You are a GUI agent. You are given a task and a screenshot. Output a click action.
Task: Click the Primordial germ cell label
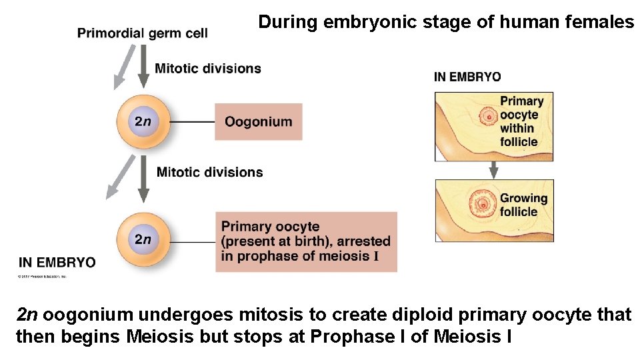point(142,33)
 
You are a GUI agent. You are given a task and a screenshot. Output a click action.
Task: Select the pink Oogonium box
point(258,121)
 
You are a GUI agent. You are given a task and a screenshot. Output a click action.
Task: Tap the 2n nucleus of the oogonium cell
point(143,121)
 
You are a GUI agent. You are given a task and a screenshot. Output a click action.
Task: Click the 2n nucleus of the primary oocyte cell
point(143,239)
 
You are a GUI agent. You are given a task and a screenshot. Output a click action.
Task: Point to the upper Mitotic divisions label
point(208,68)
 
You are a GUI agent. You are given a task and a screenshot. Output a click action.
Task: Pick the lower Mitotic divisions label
point(209,172)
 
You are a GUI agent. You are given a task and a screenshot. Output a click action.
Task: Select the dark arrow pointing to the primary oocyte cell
point(143,180)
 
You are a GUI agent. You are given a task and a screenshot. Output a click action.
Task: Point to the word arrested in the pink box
point(365,241)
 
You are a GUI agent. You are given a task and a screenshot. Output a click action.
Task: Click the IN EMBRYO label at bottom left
point(57,262)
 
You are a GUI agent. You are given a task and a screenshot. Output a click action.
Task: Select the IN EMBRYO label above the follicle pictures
point(467,77)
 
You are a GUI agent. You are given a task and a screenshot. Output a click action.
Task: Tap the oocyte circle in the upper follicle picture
point(488,117)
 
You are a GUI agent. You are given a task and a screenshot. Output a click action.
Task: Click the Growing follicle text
point(523,205)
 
